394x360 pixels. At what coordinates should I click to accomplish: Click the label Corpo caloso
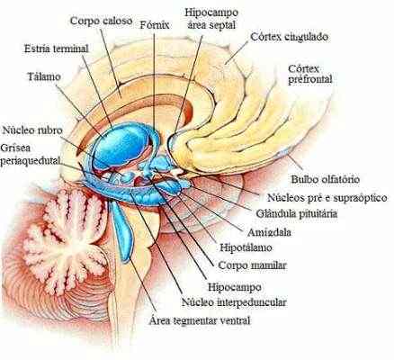(101, 22)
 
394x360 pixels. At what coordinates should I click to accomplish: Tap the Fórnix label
(155, 25)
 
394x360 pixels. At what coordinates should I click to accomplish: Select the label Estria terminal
(57, 49)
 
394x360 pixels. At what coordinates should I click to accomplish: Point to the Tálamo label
(44, 76)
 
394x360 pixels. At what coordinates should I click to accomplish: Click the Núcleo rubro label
(32, 130)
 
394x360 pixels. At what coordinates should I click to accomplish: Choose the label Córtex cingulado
(289, 37)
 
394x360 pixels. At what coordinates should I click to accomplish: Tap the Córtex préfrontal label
(310, 74)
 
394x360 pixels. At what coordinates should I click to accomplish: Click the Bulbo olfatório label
(326, 179)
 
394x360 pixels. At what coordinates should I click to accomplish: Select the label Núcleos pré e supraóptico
(327, 197)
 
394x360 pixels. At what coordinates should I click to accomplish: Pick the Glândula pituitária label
(296, 213)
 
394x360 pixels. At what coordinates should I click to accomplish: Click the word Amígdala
(269, 232)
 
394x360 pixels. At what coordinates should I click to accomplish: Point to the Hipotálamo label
(246, 247)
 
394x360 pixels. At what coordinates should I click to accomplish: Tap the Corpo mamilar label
(253, 265)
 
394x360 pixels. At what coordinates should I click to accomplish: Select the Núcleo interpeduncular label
(234, 302)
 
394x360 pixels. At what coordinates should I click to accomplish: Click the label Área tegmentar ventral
(200, 320)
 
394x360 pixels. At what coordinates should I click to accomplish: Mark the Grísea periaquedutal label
(30, 154)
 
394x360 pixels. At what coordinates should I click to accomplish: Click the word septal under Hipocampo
(221, 25)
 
